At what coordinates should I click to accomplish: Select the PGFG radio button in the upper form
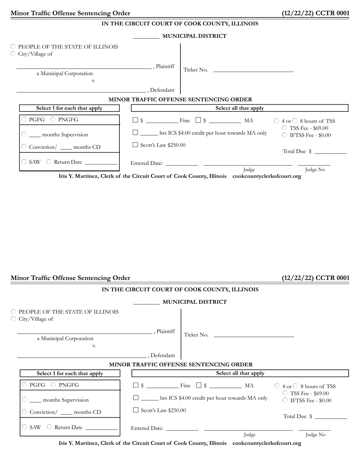24,120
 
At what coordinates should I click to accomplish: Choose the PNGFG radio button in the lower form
54,385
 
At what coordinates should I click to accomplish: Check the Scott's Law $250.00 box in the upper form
136,145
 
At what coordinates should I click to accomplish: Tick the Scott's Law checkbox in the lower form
136,410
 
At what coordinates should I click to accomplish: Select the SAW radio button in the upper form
24,162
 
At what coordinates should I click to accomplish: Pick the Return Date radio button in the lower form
49,427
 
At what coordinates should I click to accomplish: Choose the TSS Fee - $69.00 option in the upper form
285,128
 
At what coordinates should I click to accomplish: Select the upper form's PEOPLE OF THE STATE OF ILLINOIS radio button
13,47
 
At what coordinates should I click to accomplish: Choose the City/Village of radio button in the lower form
13,319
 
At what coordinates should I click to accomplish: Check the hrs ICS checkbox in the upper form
136,133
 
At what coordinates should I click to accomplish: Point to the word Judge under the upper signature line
249,169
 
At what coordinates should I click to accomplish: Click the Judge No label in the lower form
315,435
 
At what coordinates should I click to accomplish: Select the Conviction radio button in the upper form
24,147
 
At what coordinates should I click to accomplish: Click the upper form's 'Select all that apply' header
239,108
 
